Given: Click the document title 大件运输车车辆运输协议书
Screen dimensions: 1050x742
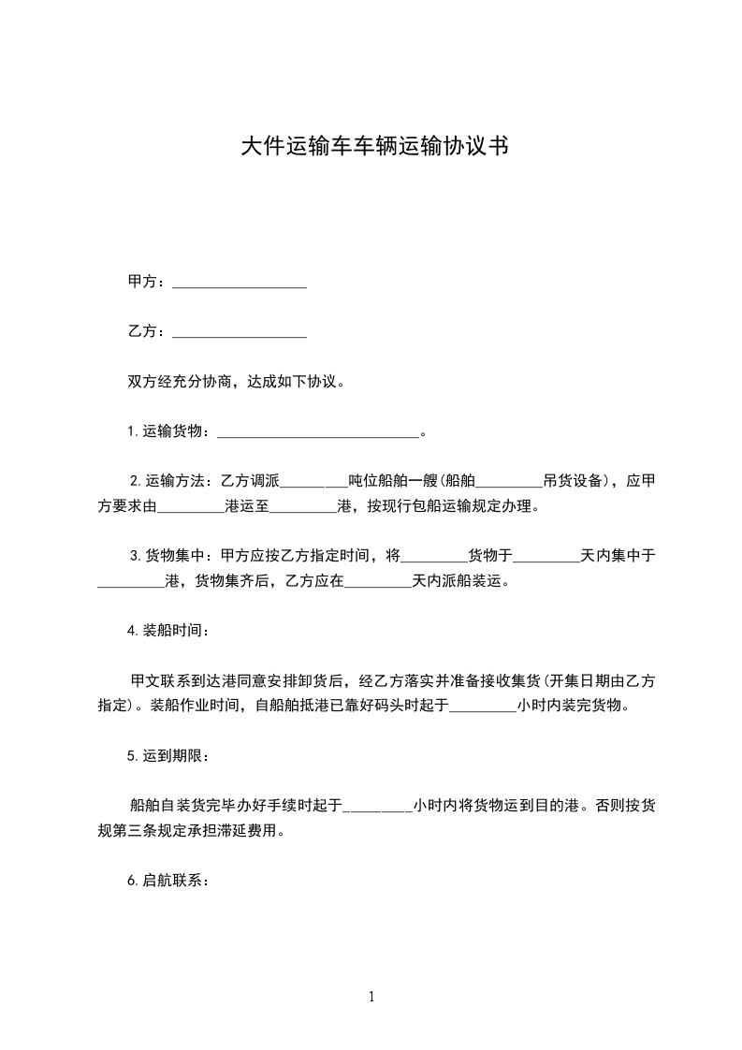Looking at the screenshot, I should [374, 147].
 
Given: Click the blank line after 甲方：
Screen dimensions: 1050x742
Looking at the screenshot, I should [240, 283].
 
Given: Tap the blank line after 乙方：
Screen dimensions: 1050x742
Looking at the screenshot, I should [240, 332].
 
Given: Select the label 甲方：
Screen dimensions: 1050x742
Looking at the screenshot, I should [148, 282].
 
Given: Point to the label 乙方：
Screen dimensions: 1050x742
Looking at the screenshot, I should [148, 331].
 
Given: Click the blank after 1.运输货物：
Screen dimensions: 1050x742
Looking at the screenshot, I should [318, 432].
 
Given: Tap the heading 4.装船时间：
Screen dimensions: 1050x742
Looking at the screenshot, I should [169, 630].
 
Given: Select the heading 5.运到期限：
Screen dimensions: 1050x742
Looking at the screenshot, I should [169, 755].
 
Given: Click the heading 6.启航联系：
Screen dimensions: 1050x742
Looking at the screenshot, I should [169, 881].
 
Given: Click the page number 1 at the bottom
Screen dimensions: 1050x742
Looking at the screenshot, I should [371, 998].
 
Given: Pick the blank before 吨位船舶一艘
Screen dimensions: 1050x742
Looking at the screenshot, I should [313, 483].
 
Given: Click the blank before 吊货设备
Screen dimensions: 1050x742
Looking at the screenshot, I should [508, 483].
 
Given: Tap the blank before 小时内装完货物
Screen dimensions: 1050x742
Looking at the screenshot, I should [482, 707].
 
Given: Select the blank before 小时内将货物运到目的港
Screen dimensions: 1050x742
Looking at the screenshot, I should [378, 807].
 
